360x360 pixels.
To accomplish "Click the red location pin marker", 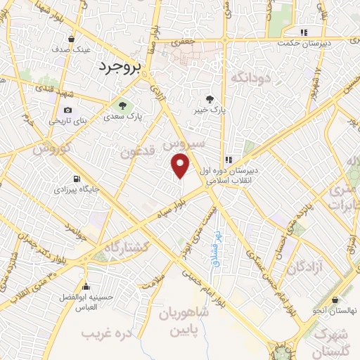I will [181, 165].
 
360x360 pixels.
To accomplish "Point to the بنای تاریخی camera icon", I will [67, 110].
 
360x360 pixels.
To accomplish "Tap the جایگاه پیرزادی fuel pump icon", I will [76, 179].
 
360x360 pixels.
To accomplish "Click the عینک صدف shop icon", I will [73, 39].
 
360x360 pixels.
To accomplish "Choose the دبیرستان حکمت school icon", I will [304, 32].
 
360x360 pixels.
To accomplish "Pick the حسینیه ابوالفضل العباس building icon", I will [86, 287].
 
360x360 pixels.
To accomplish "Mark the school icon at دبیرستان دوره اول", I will [229, 159].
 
